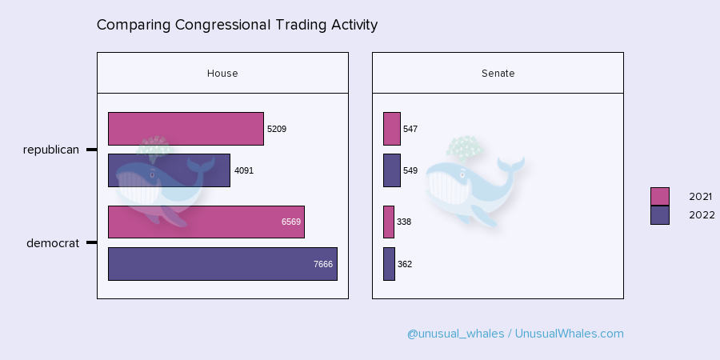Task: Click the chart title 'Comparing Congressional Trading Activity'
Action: pos(237,25)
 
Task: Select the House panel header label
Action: pos(222,74)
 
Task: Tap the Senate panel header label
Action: pos(498,74)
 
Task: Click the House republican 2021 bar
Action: pos(186,129)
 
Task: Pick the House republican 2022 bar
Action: pos(169,170)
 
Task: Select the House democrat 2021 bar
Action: pos(206,222)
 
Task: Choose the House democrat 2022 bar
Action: pos(222,264)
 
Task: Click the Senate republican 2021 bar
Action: pos(392,129)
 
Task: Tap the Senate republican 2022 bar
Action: pos(392,170)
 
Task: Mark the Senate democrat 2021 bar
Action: pos(389,222)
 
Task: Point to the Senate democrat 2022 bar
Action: pos(390,264)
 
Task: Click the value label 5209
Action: pos(277,129)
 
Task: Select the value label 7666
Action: pos(323,264)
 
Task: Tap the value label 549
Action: pos(410,171)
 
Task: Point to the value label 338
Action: pos(404,222)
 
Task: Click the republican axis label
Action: pos(51,150)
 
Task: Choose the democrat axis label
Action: pos(53,243)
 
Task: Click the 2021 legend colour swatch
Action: pos(660,197)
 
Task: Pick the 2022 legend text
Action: pos(702,215)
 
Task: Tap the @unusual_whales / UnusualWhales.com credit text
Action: pos(515,334)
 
